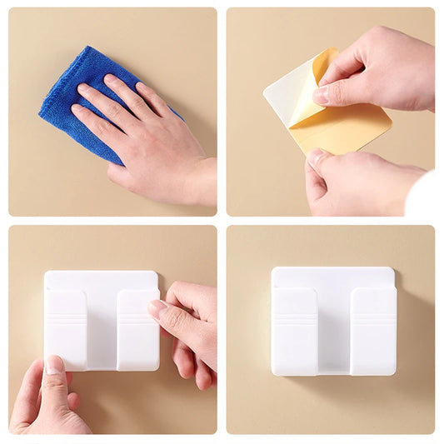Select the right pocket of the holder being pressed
(135, 329)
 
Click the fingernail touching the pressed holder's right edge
(157, 308)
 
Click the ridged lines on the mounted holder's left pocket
(294, 319)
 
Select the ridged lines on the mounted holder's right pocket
(372, 318)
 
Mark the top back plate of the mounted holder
(333, 277)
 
